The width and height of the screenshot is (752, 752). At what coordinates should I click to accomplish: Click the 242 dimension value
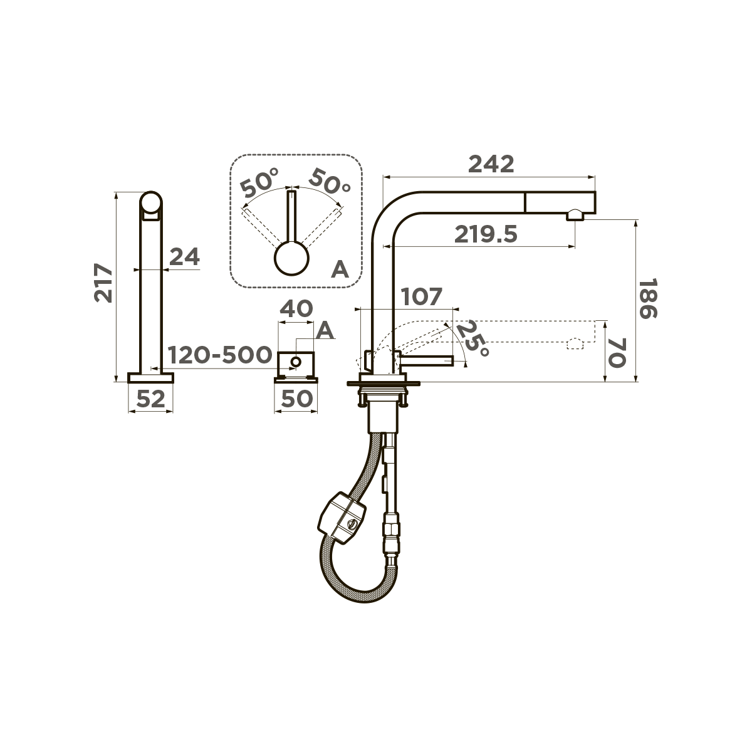pyautogui.click(x=491, y=164)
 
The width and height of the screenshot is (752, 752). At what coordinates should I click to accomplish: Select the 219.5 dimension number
pyautogui.click(x=486, y=234)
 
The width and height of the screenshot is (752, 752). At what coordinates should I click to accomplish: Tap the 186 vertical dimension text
pyautogui.click(x=649, y=298)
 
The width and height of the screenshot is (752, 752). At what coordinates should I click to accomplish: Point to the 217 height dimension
pyautogui.click(x=103, y=283)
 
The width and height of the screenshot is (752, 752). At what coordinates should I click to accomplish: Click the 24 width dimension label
pyautogui.click(x=185, y=256)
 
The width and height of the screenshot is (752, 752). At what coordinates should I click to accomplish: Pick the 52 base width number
pyautogui.click(x=150, y=399)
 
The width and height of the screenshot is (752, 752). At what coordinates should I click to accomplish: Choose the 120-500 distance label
pyautogui.click(x=220, y=354)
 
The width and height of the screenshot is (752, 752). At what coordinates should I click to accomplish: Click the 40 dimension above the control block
pyautogui.click(x=296, y=308)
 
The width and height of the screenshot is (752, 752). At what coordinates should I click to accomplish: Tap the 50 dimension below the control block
pyautogui.click(x=296, y=399)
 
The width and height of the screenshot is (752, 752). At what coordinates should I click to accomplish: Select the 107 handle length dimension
pyautogui.click(x=422, y=296)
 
